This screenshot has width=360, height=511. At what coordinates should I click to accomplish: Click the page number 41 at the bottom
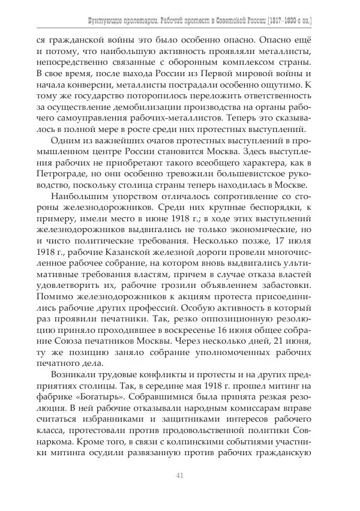coord(179,476)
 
